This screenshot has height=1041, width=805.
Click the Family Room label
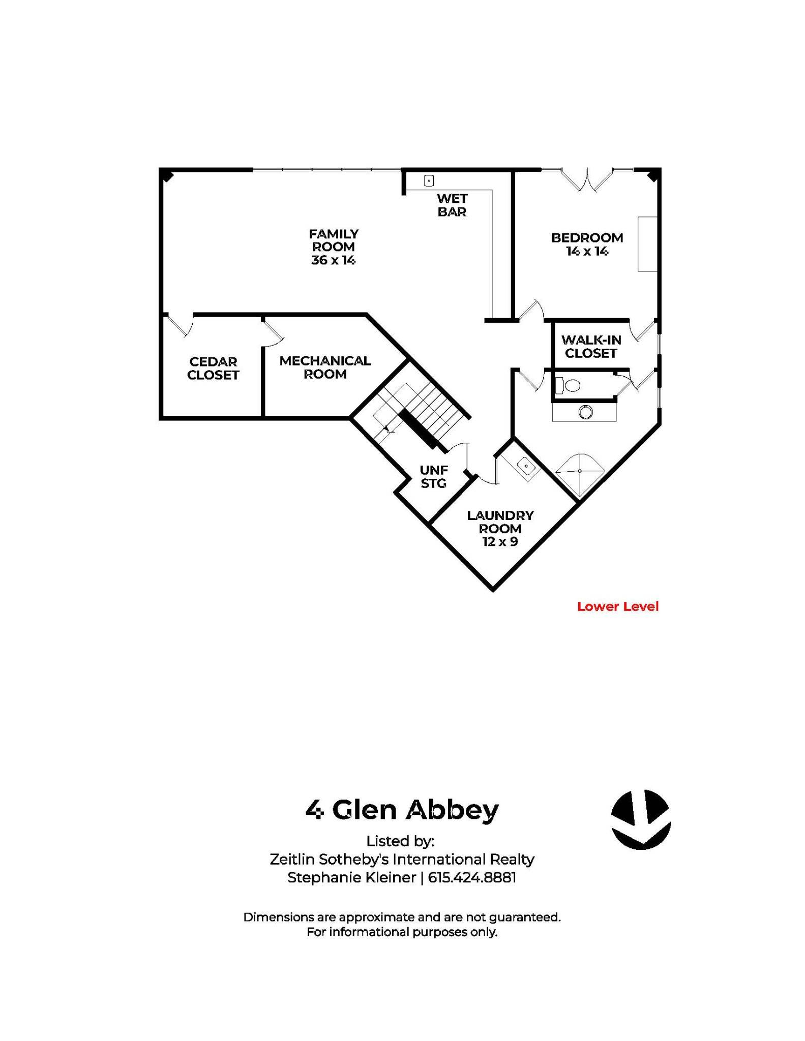(x=334, y=247)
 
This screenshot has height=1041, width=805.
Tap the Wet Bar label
(x=452, y=205)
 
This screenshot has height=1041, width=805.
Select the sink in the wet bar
(x=429, y=180)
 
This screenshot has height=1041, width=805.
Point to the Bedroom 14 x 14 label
(x=587, y=244)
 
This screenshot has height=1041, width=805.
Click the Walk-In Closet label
(x=591, y=347)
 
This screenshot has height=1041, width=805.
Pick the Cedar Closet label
(x=213, y=368)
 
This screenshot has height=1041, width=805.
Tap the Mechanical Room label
(x=325, y=367)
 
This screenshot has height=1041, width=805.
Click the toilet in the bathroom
(x=568, y=386)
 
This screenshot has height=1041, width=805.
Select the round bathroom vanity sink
(x=585, y=412)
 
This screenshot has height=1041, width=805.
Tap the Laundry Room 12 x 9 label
(x=500, y=529)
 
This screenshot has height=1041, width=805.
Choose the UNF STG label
(x=434, y=477)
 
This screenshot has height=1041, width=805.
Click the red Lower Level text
(x=618, y=606)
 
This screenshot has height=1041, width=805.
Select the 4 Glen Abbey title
(x=402, y=810)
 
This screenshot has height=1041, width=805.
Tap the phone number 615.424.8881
(x=472, y=878)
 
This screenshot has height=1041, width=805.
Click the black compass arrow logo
(x=641, y=819)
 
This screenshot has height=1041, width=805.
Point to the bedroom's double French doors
(x=588, y=180)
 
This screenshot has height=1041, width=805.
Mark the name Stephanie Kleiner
(x=351, y=878)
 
